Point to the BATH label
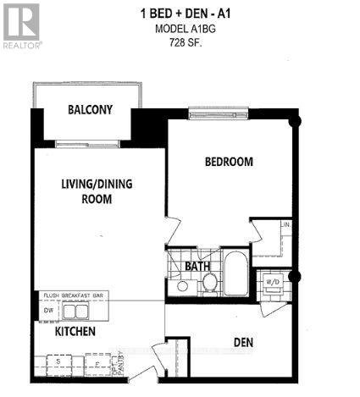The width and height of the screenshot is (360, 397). (x=197, y=267)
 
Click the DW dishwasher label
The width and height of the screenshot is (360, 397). (x=46, y=310)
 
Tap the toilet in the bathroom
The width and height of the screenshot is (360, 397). (x=208, y=284)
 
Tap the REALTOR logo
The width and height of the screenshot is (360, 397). (x=21, y=24)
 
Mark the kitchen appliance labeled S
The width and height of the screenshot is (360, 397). (x=58, y=362)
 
